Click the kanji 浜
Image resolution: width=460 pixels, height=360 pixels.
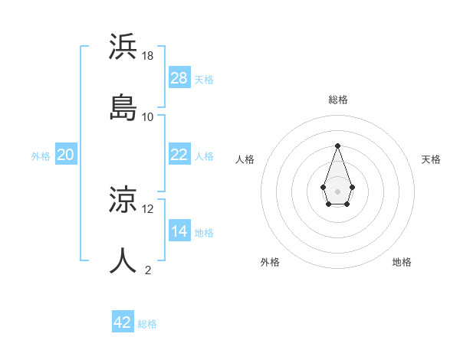pyautogui.click(x=124, y=47)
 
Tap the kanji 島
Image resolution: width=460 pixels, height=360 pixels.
pyautogui.click(x=124, y=107)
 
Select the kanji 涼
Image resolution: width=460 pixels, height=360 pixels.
pyautogui.click(x=124, y=201)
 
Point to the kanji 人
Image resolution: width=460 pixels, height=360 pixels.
pyautogui.click(x=124, y=260)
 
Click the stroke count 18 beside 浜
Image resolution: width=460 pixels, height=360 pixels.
pyautogui.click(x=149, y=56)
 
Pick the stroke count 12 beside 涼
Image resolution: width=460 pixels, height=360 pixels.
pyautogui.click(x=148, y=208)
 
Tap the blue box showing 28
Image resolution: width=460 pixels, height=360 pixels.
pyautogui.click(x=179, y=78)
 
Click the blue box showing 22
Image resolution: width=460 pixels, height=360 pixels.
pyautogui.click(x=179, y=155)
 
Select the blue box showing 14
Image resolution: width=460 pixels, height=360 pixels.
pyautogui.click(x=179, y=231)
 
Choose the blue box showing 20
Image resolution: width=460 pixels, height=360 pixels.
pyautogui.click(x=65, y=155)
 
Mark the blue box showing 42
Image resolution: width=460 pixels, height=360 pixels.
pyautogui.click(x=123, y=322)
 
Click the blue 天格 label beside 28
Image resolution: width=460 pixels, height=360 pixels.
pyautogui.click(x=204, y=80)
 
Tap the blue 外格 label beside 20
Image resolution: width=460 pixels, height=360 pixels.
pyautogui.click(x=41, y=156)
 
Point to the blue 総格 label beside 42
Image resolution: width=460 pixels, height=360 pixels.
pyautogui.click(x=147, y=324)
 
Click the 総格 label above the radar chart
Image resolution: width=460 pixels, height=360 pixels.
pyautogui.click(x=338, y=100)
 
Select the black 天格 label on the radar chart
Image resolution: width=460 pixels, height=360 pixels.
pyautogui.click(x=431, y=159)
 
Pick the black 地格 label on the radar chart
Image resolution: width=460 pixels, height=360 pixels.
pyautogui.click(x=402, y=262)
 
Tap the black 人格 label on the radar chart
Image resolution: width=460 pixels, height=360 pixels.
pyautogui.click(x=245, y=159)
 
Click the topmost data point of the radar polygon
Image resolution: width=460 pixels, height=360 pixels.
pyautogui.click(x=337, y=146)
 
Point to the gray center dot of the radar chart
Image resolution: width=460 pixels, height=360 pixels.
pyautogui.click(x=337, y=190)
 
